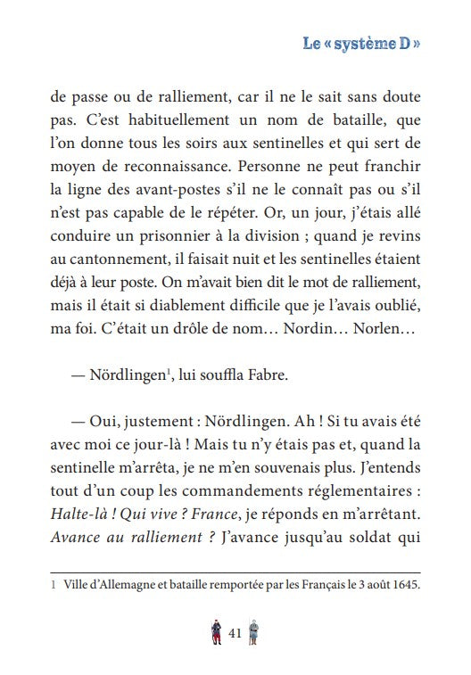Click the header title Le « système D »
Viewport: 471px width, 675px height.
360,43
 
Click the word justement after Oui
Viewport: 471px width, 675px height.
150,421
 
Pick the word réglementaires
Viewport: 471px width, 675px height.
359,490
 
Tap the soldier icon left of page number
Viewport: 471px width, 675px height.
215,632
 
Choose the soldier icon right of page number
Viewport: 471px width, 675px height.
254,632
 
